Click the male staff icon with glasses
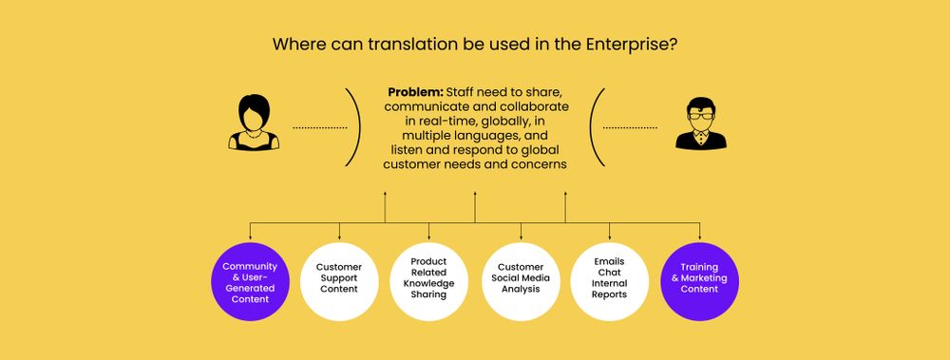tap(700, 124)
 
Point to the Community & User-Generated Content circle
tap(250, 282)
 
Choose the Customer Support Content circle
tap(339, 282)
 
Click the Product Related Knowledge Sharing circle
tap(429, 282)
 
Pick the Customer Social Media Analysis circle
tap(521, 282)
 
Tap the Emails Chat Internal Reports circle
tap(609, 282)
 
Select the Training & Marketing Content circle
tap(699, 282)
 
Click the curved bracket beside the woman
tap(355, 127)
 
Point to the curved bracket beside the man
tap(597, 127)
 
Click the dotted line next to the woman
tap(319, 127)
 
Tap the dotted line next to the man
tap(630, 127)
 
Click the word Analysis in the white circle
tap(521, 289)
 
